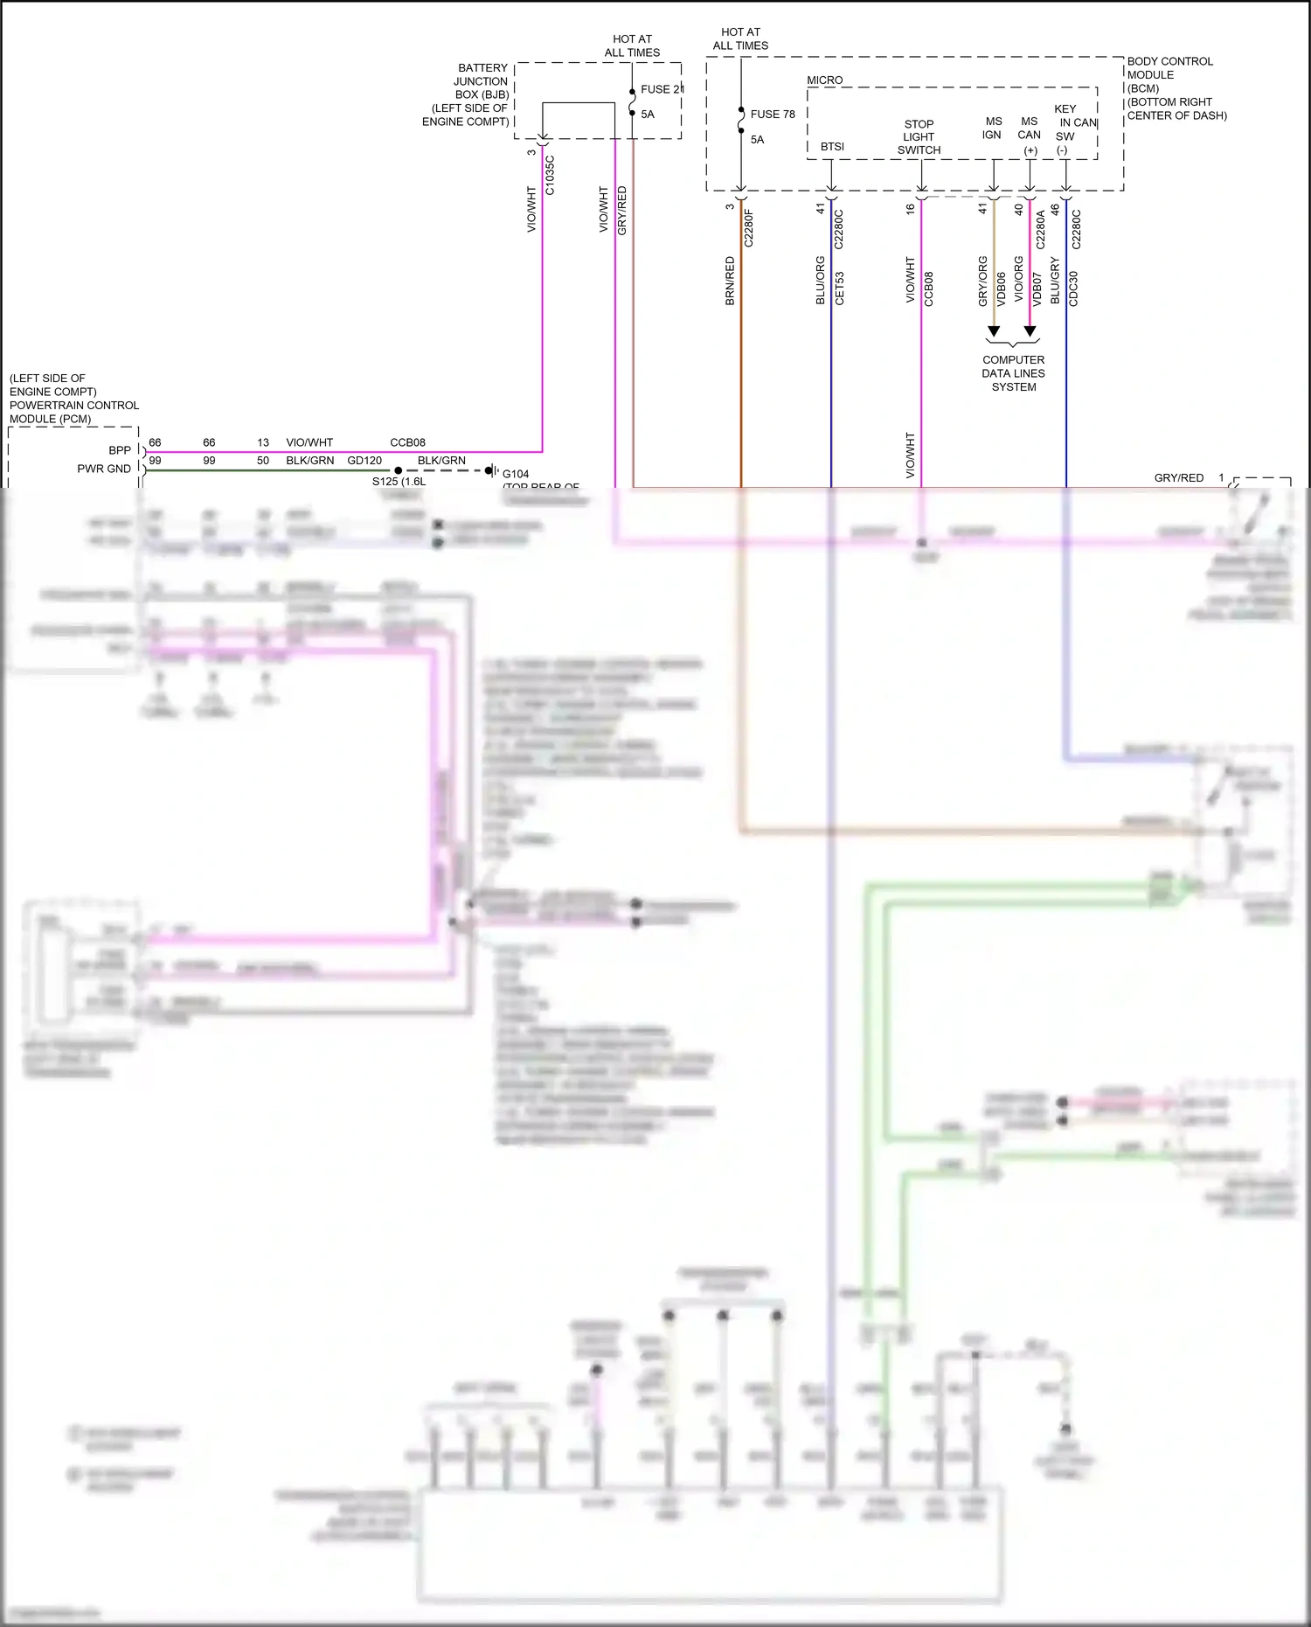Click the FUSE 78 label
coord(773,115)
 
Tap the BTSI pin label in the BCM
coord(832,147)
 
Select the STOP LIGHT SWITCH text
coord(919,137)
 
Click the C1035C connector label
coord(550,176)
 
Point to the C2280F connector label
coord(749,228)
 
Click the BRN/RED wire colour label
coord(730,281)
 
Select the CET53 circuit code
coord(840,289)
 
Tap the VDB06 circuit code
coord(1002,289)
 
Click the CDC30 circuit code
coord(1074,289)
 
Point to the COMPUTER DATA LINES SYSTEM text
coord(1013,373)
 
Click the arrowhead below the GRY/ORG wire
coord(994,331)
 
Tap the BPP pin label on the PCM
coord(120,450)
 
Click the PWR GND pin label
coord(104,469)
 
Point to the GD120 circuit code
coord(364,461)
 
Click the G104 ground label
coord(516,474)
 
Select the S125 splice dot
coord(399,470)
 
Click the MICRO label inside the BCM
coord(824,80)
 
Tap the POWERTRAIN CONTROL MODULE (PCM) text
coord(74,412)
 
